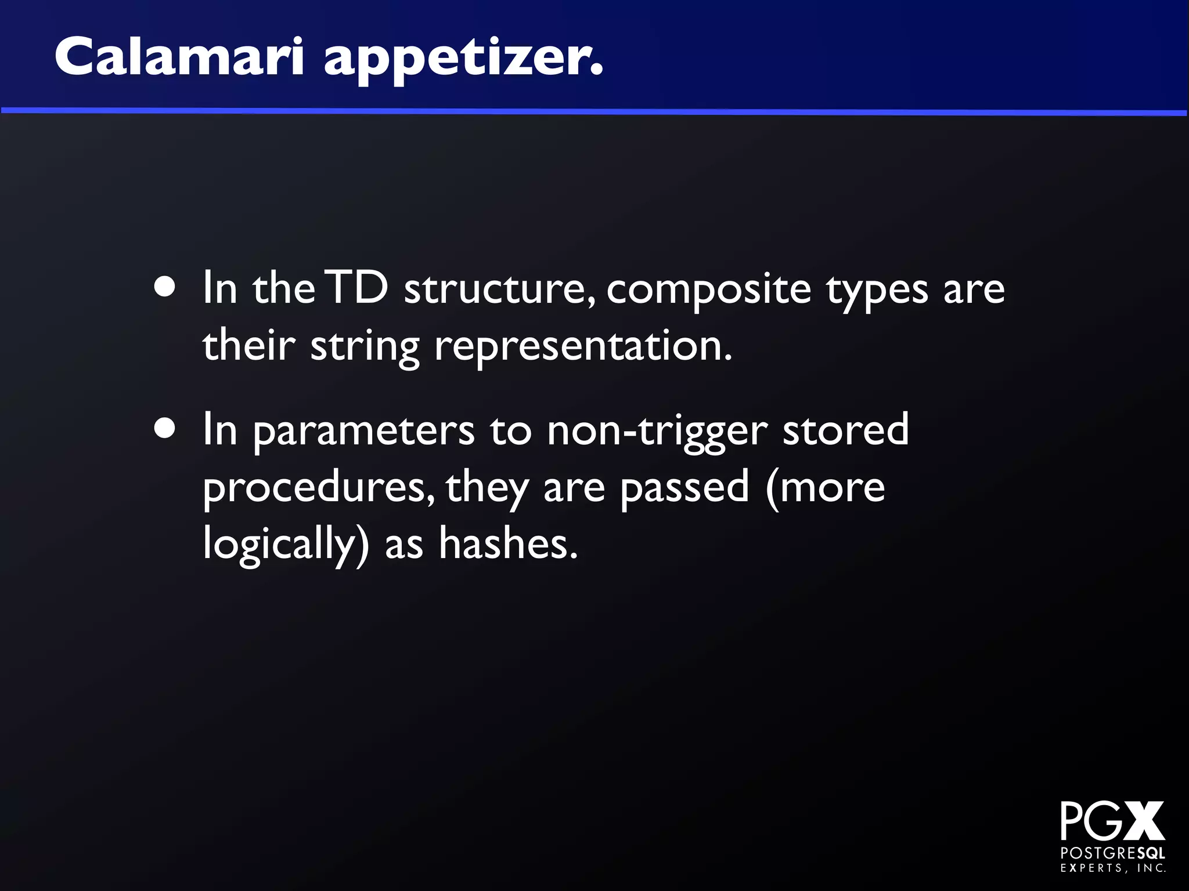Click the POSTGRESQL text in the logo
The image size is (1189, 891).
(x=1112, y=853)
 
